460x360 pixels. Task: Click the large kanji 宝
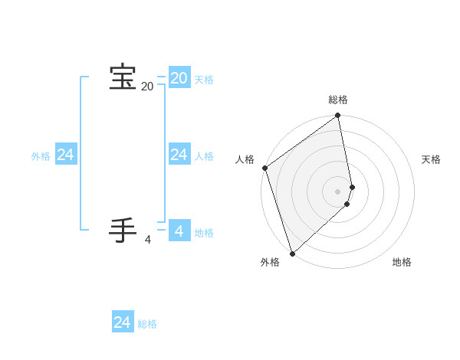123,77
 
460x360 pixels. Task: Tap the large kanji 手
123,231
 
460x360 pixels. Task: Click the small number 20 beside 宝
147,87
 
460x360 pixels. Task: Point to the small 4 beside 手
148,240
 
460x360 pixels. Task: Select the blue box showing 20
179,77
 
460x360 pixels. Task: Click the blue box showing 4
179,231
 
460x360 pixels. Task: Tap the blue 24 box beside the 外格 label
66,154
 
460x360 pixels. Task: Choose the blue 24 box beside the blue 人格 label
179,154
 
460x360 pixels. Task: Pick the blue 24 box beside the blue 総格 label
123,322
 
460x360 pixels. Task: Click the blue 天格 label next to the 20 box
204,80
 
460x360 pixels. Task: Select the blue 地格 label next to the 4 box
204,233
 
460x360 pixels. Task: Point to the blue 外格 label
41,156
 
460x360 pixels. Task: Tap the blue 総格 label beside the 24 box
147,325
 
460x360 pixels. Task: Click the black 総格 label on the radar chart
338,100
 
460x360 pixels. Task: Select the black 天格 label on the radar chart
431,159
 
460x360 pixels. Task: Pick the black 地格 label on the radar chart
402,263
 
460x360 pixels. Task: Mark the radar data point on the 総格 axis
338,116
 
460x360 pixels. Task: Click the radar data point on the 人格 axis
264,168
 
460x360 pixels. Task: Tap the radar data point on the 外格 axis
292,253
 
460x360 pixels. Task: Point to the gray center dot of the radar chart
338,191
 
